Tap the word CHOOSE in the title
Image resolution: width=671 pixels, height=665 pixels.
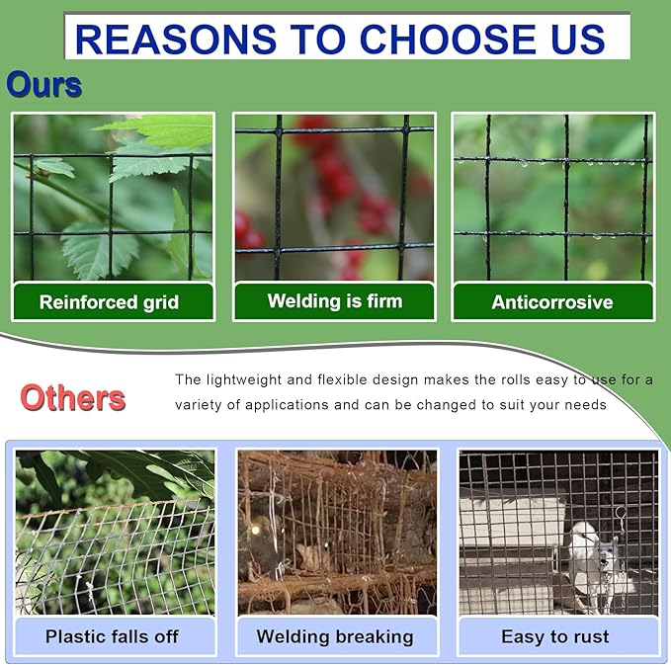448,39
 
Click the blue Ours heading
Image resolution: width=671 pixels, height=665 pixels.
44,84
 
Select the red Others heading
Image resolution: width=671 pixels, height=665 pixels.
73,397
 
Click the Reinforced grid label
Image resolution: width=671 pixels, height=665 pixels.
109,302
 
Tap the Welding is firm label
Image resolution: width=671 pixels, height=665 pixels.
335,300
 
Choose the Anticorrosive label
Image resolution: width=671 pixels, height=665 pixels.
552,302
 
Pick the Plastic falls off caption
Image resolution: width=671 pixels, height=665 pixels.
112,636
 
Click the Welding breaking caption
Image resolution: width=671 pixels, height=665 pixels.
335,636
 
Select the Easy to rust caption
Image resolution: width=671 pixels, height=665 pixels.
555,636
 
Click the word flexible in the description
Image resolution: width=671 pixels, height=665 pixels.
342,379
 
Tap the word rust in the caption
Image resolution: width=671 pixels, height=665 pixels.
592,636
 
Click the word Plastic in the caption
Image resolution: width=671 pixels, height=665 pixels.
73,636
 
